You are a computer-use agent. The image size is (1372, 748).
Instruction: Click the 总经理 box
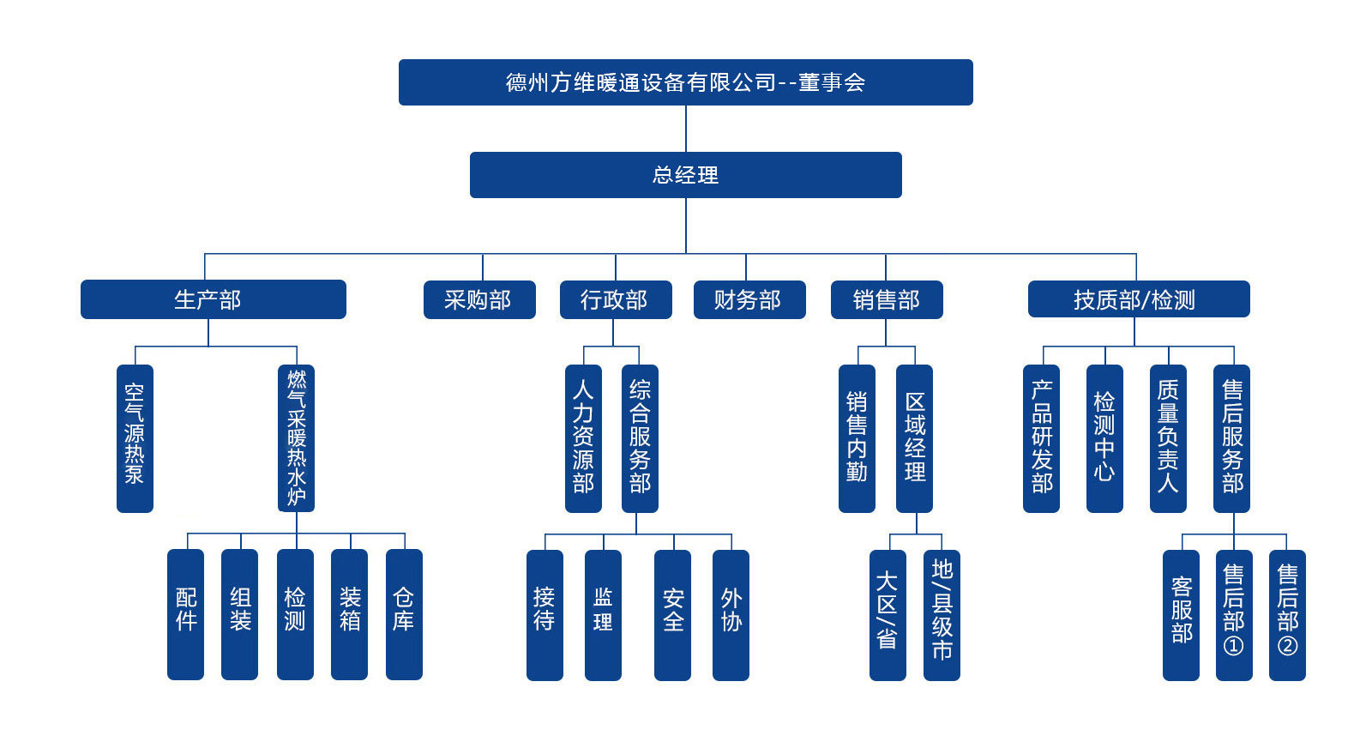(685, 175)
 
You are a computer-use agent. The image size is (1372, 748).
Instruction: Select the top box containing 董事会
(685, 82)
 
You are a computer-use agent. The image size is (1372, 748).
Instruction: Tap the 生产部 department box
(213, 299)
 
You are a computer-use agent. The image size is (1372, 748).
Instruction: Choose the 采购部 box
(478, 300)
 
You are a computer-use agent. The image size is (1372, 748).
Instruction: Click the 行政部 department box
(615, 300)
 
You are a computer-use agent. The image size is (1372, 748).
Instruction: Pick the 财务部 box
(749, 300)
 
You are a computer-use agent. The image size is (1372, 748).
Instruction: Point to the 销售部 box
(886, 300)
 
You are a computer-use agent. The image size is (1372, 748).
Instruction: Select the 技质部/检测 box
(1138, 300)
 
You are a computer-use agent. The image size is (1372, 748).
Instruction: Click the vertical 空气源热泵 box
(135, 438)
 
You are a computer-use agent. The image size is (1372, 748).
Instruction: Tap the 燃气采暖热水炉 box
(297, 438)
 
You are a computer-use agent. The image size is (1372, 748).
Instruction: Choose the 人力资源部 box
(583, 438)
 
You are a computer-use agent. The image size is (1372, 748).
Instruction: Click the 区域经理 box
(914, 438)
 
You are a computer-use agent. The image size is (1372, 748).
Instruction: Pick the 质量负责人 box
(1168, 438)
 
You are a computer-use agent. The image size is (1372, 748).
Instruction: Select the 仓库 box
(404, 614)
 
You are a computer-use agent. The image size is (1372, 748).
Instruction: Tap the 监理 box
(603, 614)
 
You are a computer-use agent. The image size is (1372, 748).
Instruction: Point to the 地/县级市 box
(942, 614)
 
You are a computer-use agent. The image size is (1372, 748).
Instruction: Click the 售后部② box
(1287, 614)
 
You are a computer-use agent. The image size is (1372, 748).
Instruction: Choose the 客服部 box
(1181, 614)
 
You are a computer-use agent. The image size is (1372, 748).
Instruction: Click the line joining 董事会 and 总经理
(686, 129)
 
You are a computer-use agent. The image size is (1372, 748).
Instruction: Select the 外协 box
(731, 614)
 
